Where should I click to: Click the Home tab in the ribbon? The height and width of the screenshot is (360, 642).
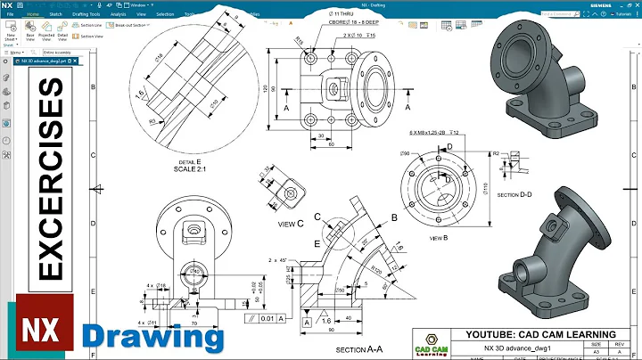pyautogui.click(x=34, y=15)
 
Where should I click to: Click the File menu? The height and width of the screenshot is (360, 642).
pyautogui.click(x=10, y=15)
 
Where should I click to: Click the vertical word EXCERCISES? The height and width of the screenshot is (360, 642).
pyautogui.click(x=51, y=188)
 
